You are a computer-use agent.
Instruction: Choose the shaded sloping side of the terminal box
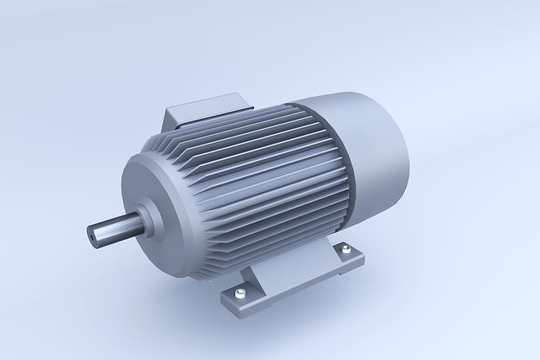[x=177, y=118]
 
